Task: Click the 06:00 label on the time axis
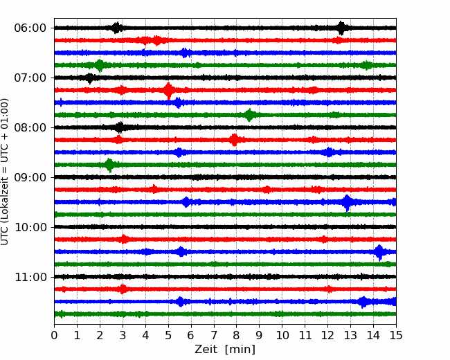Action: coord(30,28)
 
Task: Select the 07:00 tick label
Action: coord(30,78)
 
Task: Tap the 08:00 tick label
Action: coord(30,127)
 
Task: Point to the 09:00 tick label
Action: coord(30,177)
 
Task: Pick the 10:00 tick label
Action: coord(30,227)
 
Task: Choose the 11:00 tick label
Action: coord(30,277)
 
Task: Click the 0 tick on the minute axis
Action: coord(54,335)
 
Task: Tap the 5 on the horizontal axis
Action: coord(168,335)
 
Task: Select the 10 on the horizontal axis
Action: coord(282,335)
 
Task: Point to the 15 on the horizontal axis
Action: coord(396,335)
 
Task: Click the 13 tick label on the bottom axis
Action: coord(350,335)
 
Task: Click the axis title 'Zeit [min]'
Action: coord(225,350)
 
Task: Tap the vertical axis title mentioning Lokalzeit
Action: coord(5,172)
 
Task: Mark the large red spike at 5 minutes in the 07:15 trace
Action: coord(168,91)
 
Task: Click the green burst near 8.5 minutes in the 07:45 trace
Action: coord(249,115)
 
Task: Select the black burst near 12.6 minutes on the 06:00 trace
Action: coord(341,28)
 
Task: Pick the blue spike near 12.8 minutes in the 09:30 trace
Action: coord(348,202)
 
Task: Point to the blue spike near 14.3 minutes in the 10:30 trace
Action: coord(379,252)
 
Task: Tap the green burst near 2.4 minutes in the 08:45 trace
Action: coord(109,165)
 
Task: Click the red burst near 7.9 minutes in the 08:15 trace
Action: coord(235,140)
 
